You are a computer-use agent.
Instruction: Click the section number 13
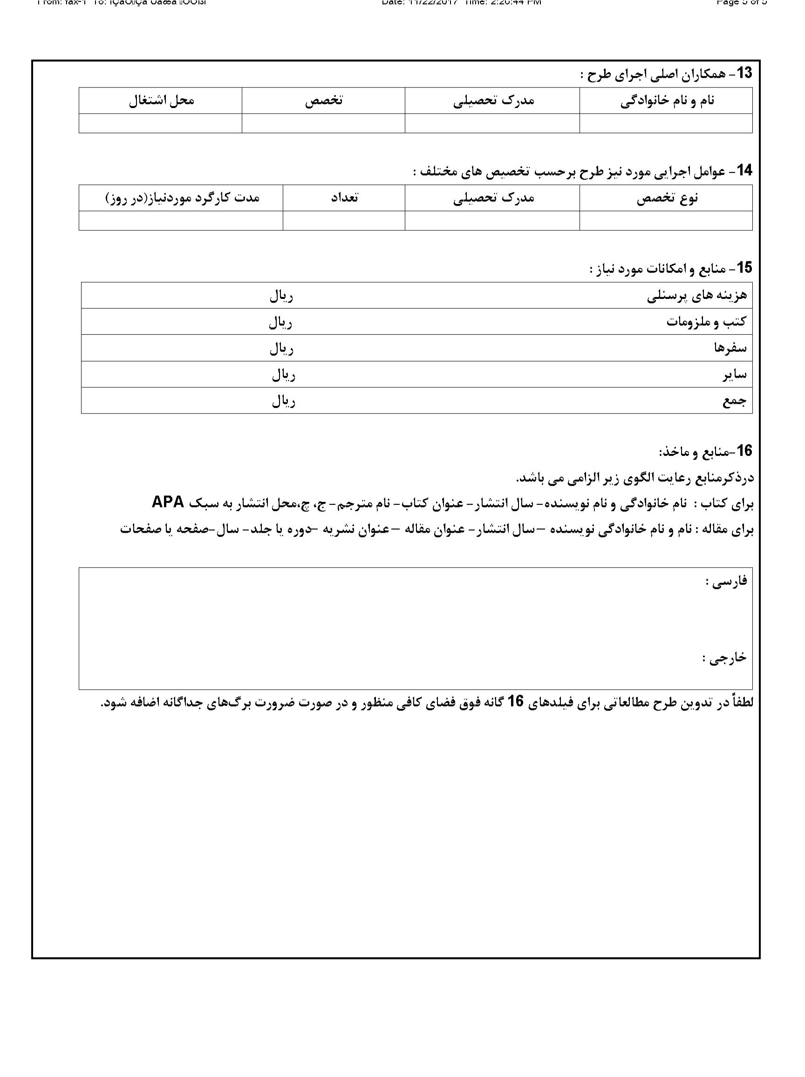tap(744, 73)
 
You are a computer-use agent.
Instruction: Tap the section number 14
tap(744, 170)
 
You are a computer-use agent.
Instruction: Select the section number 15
tap(744, 267)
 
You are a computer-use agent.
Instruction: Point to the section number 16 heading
tap(744, 451)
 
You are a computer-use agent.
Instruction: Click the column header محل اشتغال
tap(161, 101)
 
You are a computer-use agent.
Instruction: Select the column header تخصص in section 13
tap(323, 101)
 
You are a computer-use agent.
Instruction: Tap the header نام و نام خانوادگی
tap(667, 101)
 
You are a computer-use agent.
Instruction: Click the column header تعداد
tap(344, 198)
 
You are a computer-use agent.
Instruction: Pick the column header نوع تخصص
tap(667, 198)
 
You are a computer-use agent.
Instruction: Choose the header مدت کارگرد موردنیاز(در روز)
tap(182, 198)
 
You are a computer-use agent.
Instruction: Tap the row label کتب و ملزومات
tap(706, 322)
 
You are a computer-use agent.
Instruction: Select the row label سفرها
tap(730, 348)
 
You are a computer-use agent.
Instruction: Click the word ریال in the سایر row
tap(283, 374)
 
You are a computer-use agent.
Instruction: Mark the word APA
tap(168, 502)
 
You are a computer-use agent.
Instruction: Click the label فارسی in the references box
tap(726, 582)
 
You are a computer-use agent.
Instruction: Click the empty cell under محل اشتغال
tap(160, 123)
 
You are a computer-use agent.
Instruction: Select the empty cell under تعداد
tap(343, 221)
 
